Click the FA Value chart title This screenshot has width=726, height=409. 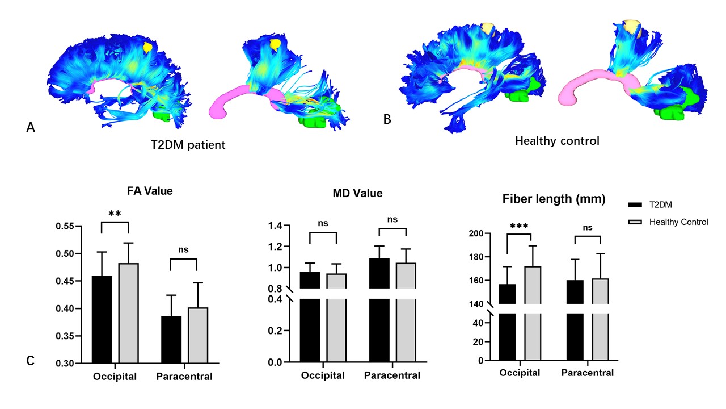[x=150, y=191]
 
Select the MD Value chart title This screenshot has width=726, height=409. [x=357, y=193]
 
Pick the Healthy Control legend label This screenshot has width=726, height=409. [x=678, y=222]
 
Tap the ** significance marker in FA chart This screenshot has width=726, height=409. [x=115, y=214]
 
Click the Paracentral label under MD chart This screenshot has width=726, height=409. [x=392, y=375]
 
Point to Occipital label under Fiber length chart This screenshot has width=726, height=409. [x=520, y=373]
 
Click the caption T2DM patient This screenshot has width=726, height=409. [x=184, y=145]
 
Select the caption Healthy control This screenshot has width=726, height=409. [x=557, y=141]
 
